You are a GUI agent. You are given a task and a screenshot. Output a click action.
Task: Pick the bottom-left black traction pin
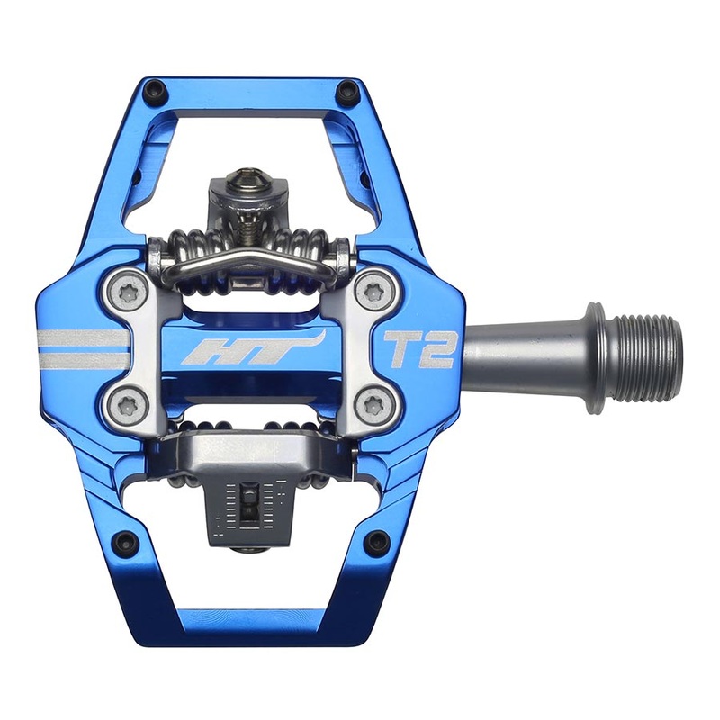(125, 541)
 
